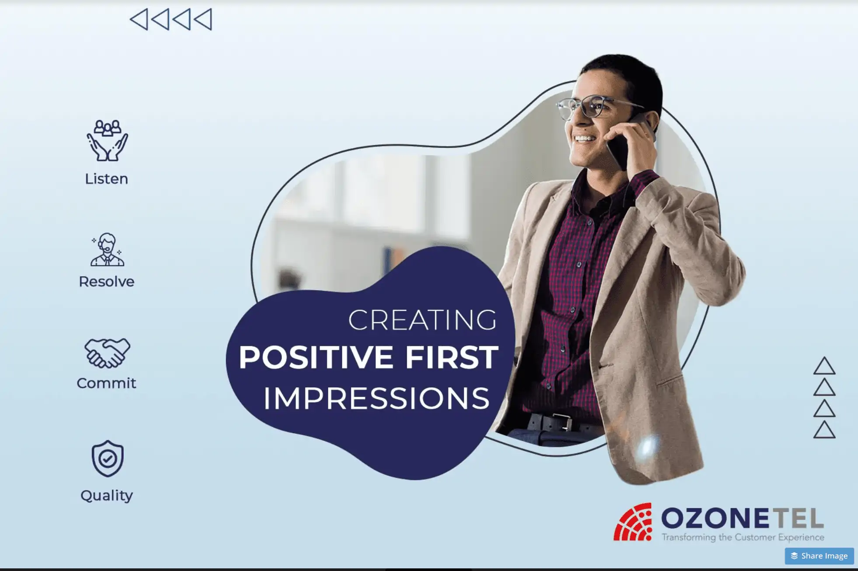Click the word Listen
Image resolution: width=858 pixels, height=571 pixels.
point(106,179)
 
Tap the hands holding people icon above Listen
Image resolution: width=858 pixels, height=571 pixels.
point(107,141)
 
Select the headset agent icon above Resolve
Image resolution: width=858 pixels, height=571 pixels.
point(107,250)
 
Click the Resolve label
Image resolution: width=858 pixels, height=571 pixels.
point(106,282)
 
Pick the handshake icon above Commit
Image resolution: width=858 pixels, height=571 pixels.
point(107,352)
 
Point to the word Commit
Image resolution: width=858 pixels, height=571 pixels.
point(106,383)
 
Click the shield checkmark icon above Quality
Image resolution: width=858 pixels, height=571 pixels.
point(108,459)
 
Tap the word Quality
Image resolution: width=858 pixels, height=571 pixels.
point(107,496)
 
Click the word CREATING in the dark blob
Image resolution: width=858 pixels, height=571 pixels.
point(422,320)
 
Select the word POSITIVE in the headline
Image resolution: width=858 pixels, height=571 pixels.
point(316,357)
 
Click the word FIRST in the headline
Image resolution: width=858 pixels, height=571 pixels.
point(452,357)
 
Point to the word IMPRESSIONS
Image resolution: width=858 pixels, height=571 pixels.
point(376,398)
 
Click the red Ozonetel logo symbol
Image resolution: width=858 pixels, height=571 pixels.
point(633,522)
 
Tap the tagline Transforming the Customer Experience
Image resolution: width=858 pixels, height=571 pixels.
point(743,537)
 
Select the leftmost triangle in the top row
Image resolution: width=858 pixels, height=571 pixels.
point(139,20)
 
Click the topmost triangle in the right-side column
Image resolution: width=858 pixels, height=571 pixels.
point(824,366)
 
